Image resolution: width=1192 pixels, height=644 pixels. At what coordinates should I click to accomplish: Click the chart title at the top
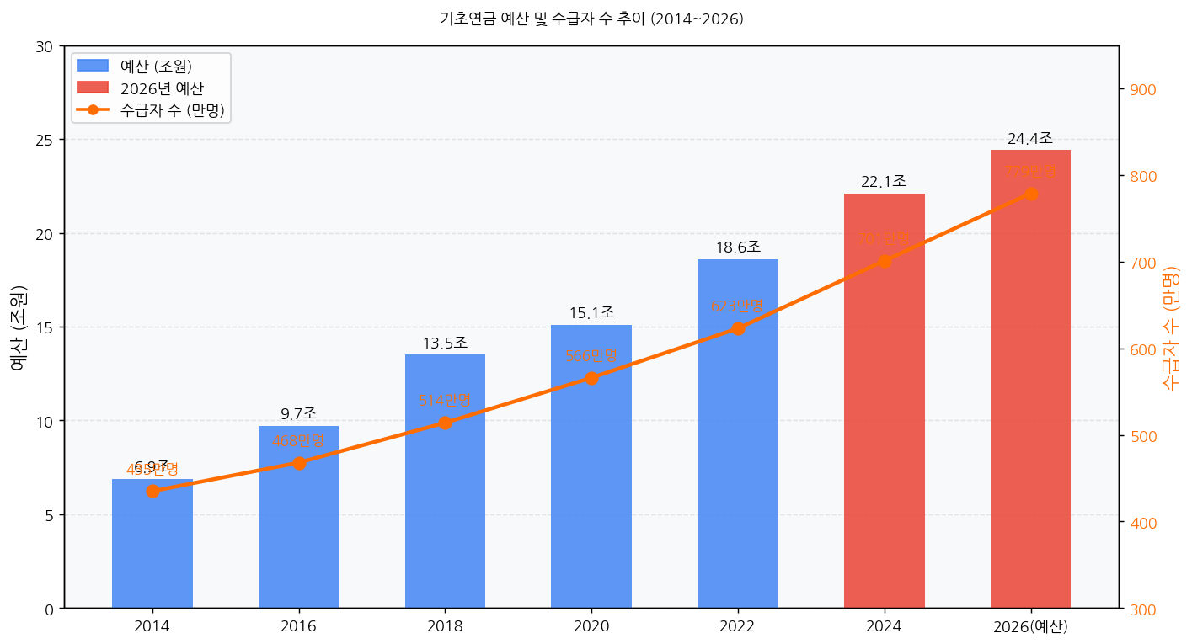click(591, 19)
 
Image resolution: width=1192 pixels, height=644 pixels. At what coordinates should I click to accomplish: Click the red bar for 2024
click(884, 421)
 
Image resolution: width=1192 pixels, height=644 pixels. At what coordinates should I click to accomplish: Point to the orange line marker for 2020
click(591, 378)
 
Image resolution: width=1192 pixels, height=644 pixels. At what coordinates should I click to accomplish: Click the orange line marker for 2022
click(738, 328)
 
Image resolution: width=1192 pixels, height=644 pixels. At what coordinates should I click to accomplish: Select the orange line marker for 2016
click(299, 463)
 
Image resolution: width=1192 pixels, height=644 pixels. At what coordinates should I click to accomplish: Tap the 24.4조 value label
click(1030, 139)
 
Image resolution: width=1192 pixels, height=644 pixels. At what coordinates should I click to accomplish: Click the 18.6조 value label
click(738, 247)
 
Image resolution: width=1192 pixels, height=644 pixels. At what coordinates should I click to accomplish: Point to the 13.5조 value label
click(445, 343)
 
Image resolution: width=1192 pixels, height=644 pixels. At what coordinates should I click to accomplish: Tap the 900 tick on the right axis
click(1138, 90)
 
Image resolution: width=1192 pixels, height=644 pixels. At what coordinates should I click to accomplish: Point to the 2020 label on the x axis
click(591, 626)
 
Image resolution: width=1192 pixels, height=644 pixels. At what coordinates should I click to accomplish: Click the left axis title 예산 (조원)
click(19, 327)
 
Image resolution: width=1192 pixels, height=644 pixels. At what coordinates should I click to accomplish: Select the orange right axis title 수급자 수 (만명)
click(1170, 327)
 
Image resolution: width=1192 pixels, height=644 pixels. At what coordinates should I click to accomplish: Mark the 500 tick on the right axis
click(1138, 436)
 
